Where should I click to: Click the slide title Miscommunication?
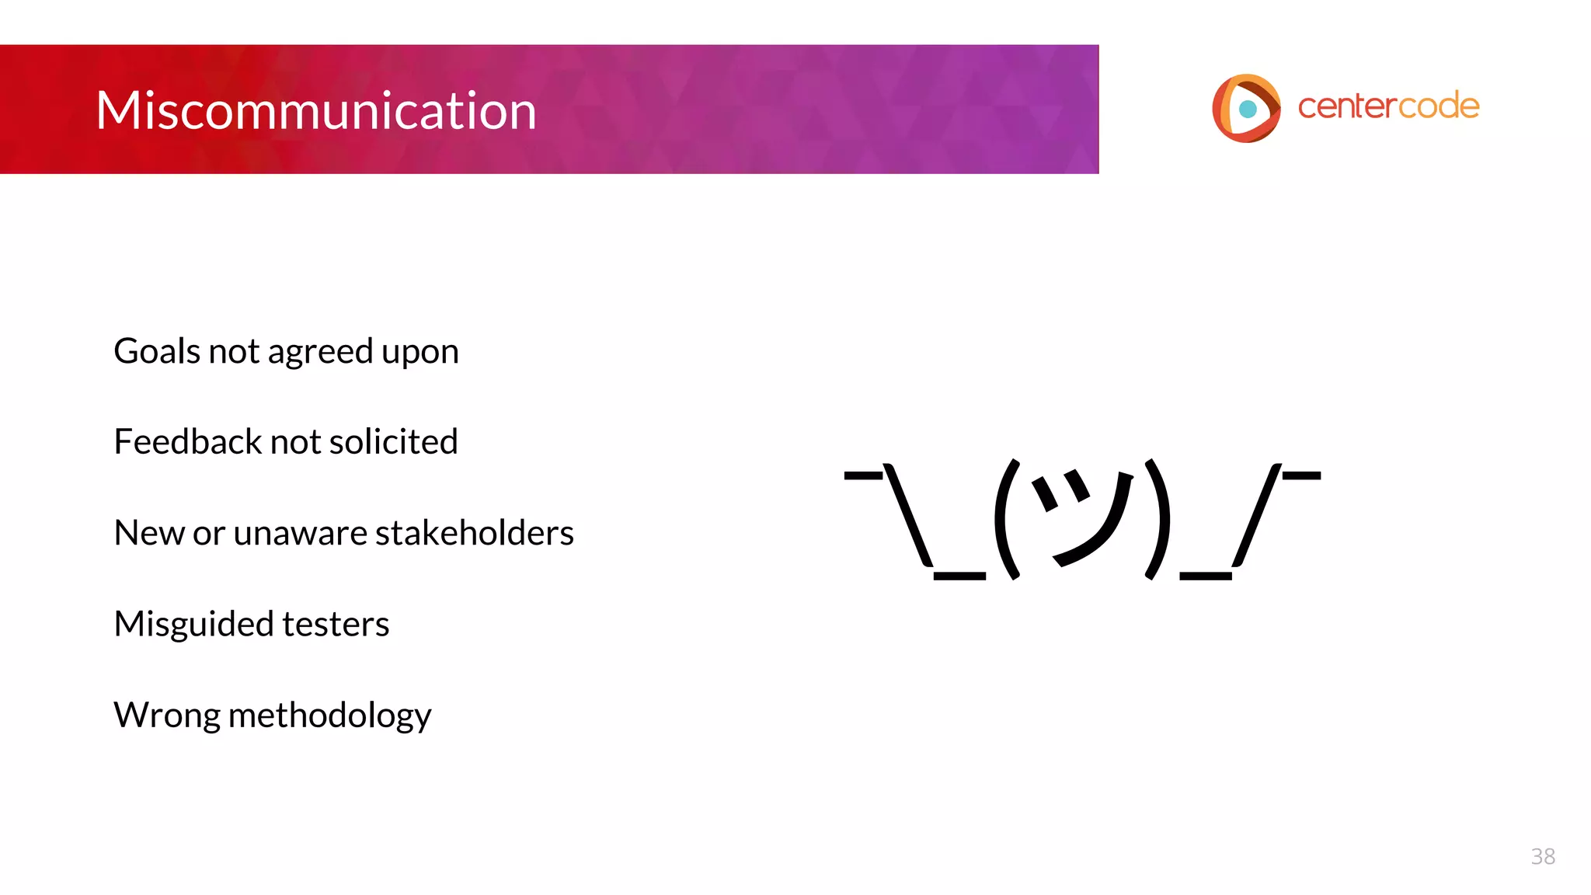click(x=315, y=110)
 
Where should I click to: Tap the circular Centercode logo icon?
click(x=1246, y=108)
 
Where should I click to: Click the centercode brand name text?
click(x=1388, y=106)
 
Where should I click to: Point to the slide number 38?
click(x=1542, y=856)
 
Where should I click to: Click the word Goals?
click(x=157, y=351)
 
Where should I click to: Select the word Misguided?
click(x=193, y=624)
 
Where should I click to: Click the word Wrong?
click(x=166, y=715)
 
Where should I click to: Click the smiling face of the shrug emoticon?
click(x=1081, y=516)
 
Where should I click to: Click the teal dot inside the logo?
click(x=1248, y=109)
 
